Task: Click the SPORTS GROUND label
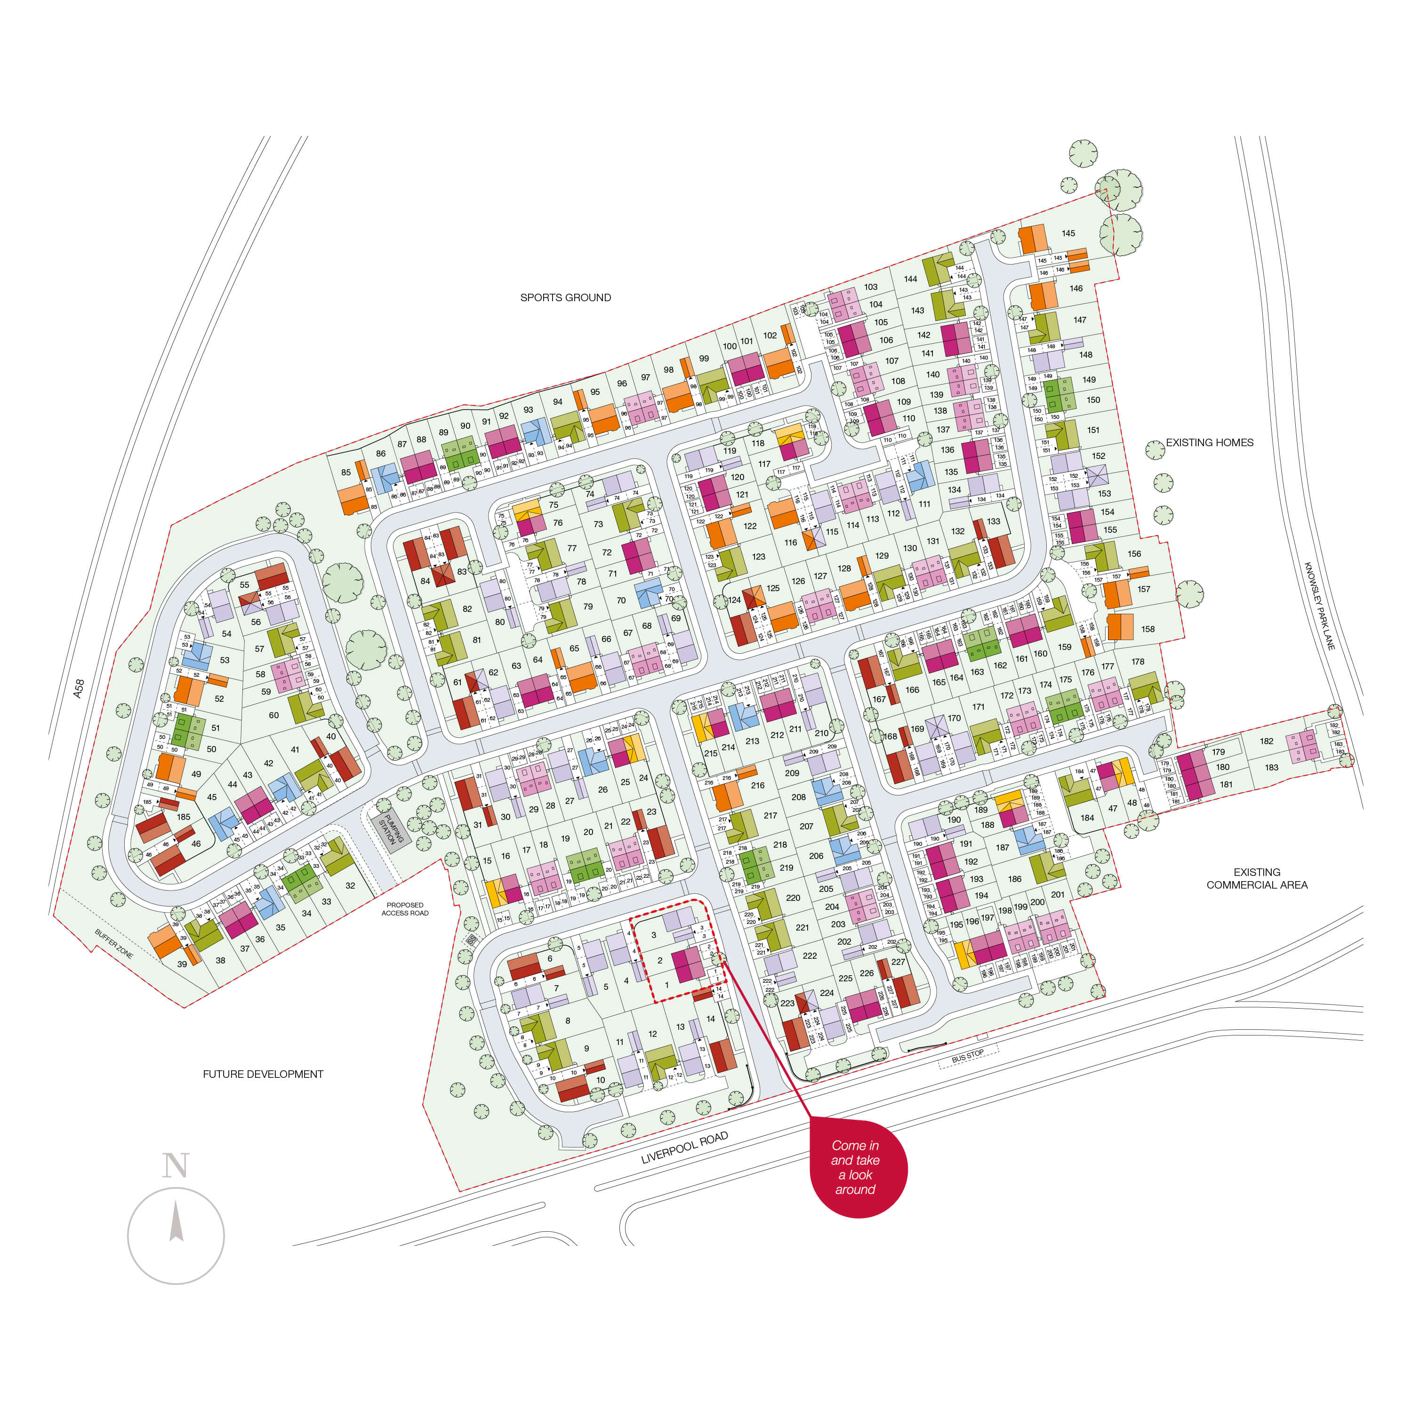pos(565,297)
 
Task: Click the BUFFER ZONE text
pos(114,944)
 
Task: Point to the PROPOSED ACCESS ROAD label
pos(405,908)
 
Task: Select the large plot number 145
pos(1068,233)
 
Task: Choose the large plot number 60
pos(273,715)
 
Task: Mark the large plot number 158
pos(1147,628)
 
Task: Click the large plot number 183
pos(1272,767)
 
